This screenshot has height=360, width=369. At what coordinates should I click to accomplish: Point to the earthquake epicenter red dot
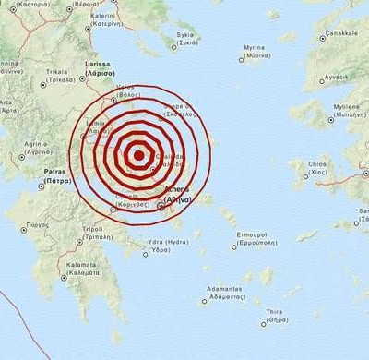coord(139,155)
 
